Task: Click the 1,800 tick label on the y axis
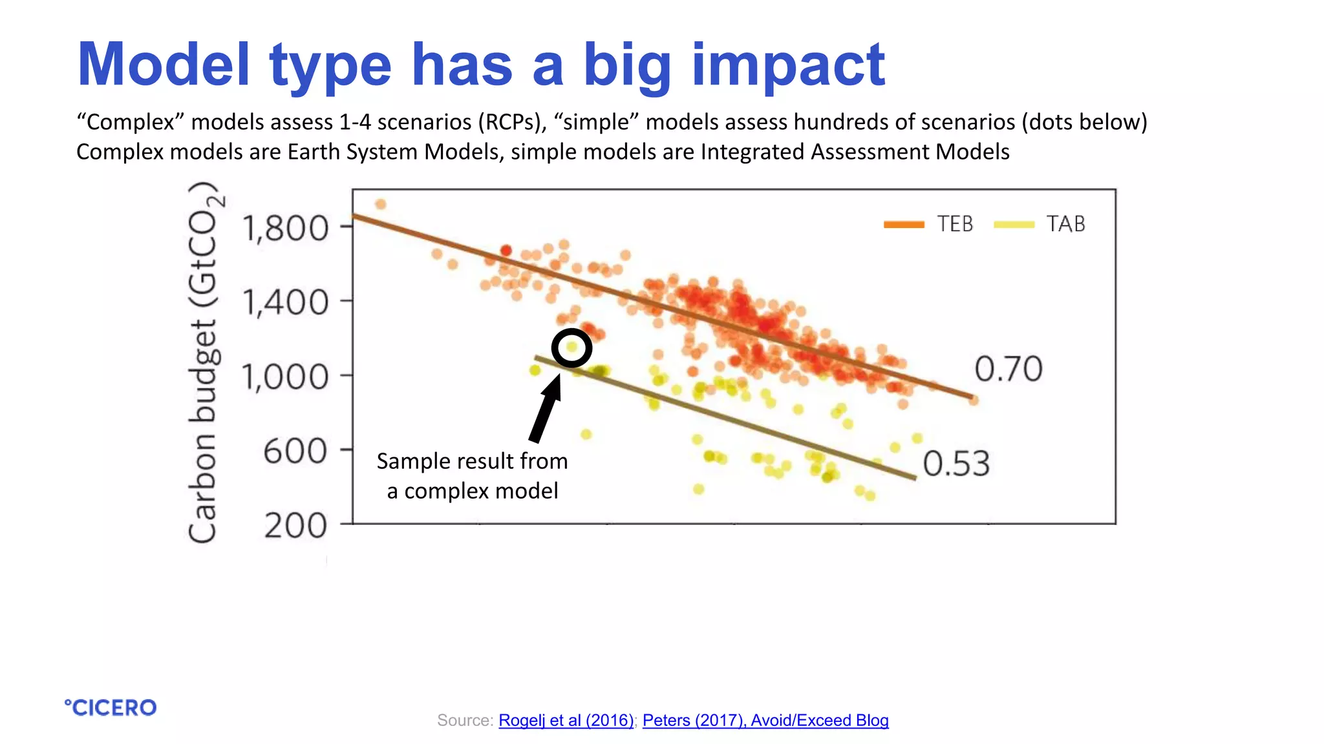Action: (285, 229)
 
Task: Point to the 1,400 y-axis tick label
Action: (285, 303)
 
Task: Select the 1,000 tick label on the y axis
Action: (285, 377)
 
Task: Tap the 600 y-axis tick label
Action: (295, 451)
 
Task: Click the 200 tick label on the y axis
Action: (295, 526)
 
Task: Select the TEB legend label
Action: (955, 224)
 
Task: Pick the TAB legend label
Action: (1065, 224)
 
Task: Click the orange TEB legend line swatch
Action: (904, 225)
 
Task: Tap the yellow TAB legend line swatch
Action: (1014, 225)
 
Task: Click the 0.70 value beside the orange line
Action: (1008, 369)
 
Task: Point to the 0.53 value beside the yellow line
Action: (956, 464)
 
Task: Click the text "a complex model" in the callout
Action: (472, 491)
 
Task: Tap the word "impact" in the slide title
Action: (788, 65)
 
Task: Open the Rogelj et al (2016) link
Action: (566, 720)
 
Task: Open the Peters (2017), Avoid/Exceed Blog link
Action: (765, 720)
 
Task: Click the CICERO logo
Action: (111, 708)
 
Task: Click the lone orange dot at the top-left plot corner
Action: (381, 205)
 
